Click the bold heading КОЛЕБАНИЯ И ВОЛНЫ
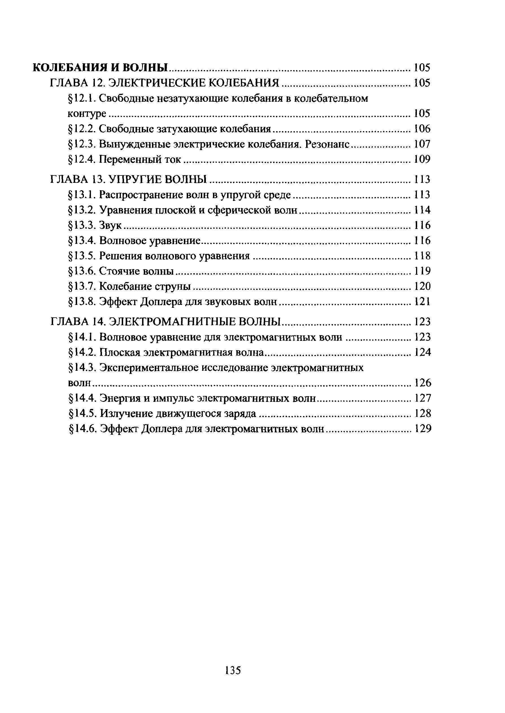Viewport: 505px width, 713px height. [x=100, y=68]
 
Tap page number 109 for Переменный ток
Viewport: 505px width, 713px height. [x=422, y=160]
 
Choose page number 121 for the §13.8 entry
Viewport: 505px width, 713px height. [x=422, y=302]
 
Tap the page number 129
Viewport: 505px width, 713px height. [x=423, y=429]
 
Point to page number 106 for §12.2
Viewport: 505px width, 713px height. [x=422, y=129]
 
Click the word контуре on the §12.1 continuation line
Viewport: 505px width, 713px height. [x=87, y=114]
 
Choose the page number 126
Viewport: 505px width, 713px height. [x=423, y=383]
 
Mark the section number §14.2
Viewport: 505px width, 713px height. [x=82, y=352]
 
